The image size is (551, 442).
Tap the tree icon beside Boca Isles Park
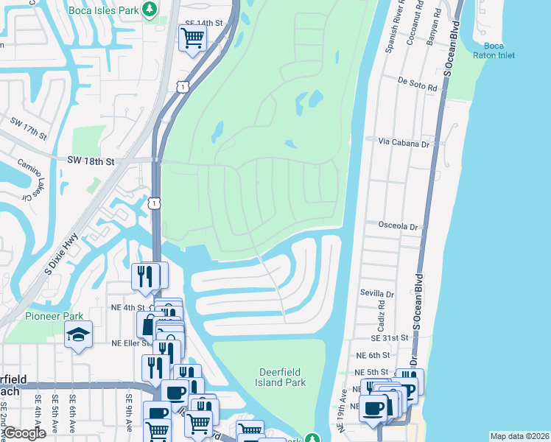(150, 10)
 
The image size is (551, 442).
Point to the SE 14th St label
(203, 23)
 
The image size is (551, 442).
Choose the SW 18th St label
(91, 161)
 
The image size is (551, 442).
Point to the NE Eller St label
(130, 343)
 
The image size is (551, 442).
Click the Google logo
(24, 433)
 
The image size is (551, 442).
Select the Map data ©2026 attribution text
(519, 436)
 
